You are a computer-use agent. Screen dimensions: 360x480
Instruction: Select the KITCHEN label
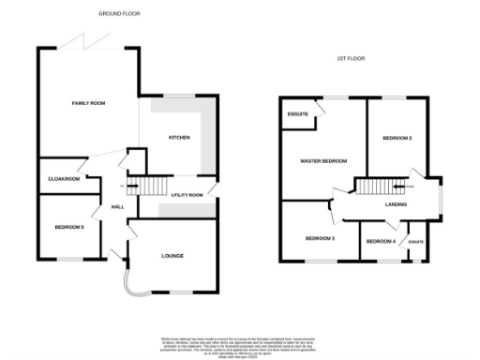179,138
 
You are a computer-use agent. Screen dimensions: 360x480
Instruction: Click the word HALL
118,207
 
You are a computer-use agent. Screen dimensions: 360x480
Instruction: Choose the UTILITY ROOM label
187,195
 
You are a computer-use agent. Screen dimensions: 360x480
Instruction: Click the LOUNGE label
172,255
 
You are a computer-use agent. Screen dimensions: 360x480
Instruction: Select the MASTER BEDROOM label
323,161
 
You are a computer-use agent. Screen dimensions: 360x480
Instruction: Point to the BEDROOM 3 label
320,238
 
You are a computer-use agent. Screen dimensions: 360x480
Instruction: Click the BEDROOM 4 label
381,242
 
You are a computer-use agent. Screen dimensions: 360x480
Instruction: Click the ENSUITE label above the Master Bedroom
296,114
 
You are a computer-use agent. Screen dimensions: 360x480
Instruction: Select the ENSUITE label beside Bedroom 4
416,242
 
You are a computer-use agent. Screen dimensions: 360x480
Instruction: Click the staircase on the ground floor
150,185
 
